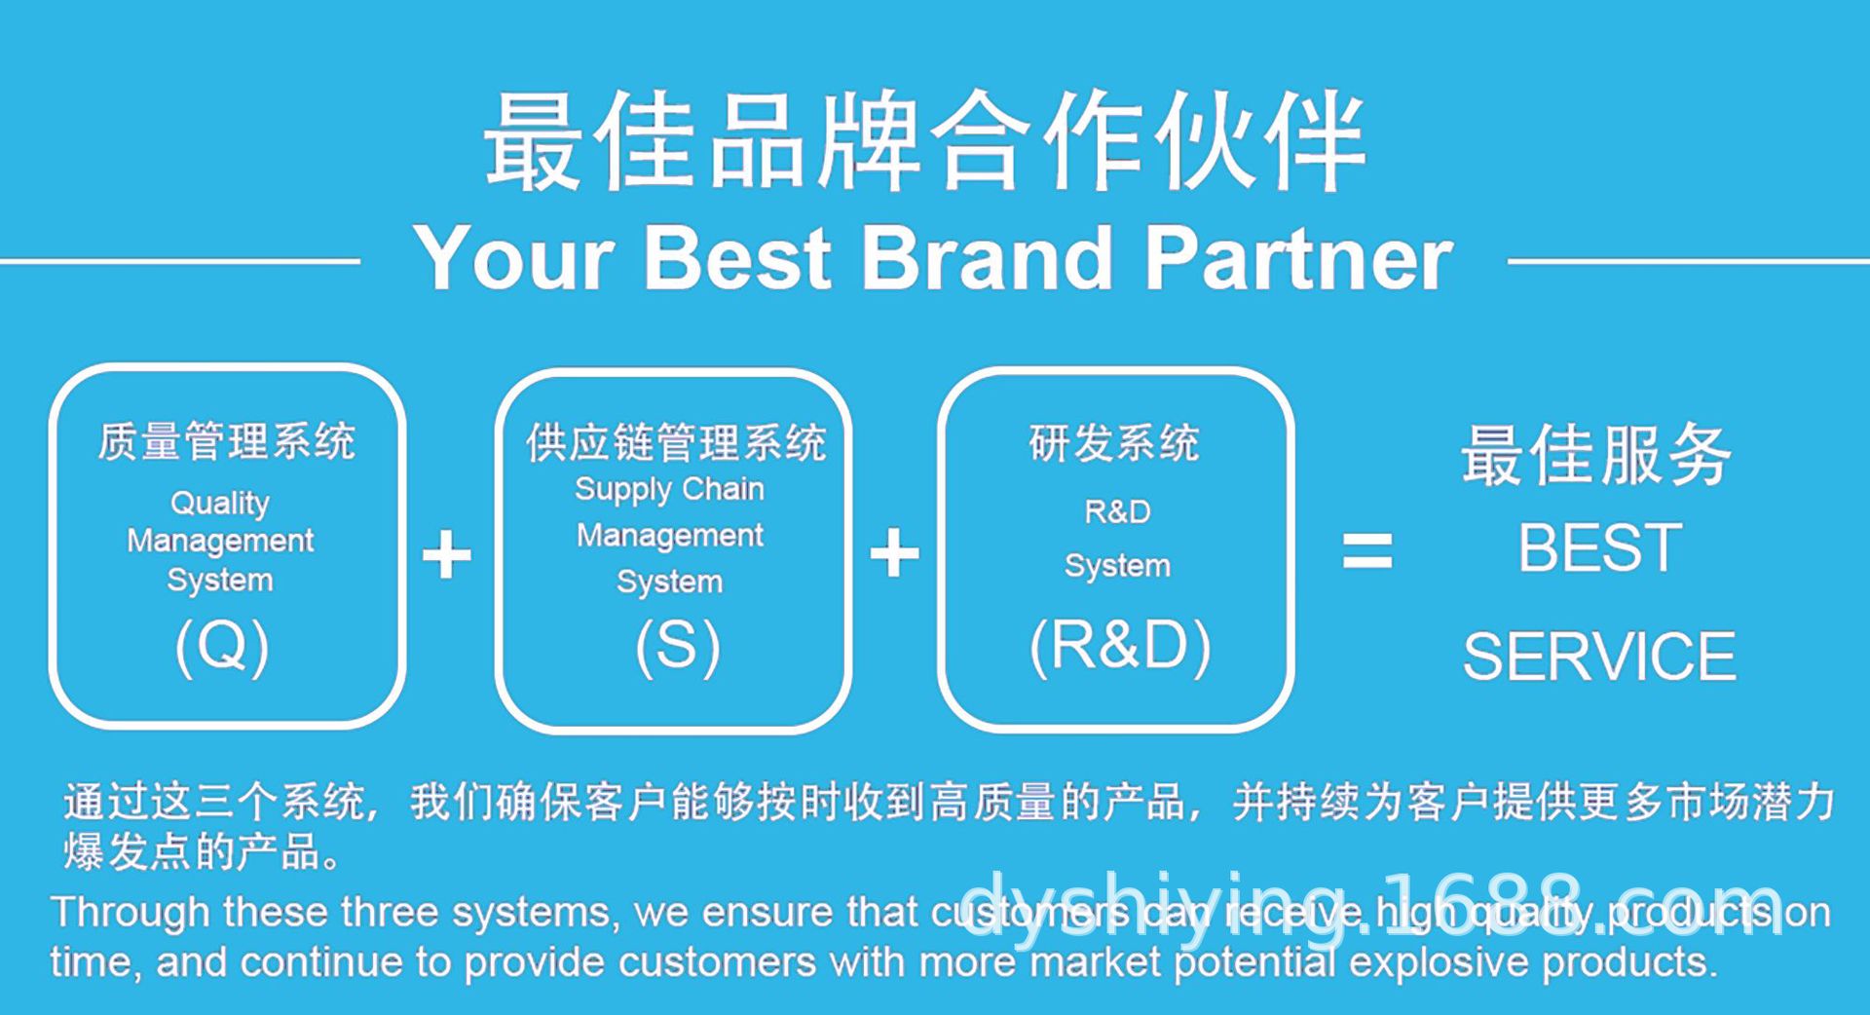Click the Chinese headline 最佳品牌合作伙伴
pos(925,141)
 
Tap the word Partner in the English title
pos(1299,258)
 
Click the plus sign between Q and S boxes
pos(446,554)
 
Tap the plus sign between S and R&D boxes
pos(894,554)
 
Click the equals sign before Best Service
pos(1366,550)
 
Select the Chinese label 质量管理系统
pos(226,441)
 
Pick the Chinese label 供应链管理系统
pos(676,443)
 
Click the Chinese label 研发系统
pos(1114,443)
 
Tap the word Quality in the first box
pos(220,503)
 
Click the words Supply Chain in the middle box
pos(669,489)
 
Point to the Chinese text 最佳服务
pos(1596,455)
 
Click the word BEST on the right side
pos(1599,547)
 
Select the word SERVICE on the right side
pos(1599,657)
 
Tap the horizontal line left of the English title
pos(180,261)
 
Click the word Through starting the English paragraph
pos(131,913)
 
